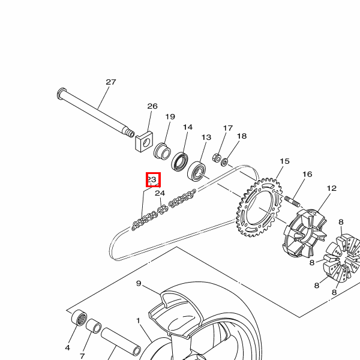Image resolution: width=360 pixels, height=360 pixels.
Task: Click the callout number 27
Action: point(111,82)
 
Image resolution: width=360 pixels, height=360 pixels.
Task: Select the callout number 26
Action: point(152,106)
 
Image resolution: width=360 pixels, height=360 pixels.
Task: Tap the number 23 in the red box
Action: point(152,179)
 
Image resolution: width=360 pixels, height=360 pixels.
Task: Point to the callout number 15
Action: point(284,161)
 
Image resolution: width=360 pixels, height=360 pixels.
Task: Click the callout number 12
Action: point(331,188)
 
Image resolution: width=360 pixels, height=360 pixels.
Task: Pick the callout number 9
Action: point(139,283)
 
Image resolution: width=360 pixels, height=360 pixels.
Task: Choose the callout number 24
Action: point(160,193)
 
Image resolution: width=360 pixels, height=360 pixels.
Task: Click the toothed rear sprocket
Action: point(259,208)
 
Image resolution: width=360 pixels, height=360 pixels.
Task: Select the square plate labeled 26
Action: point(144,142)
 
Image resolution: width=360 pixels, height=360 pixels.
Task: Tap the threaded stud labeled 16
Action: point(292,202)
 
